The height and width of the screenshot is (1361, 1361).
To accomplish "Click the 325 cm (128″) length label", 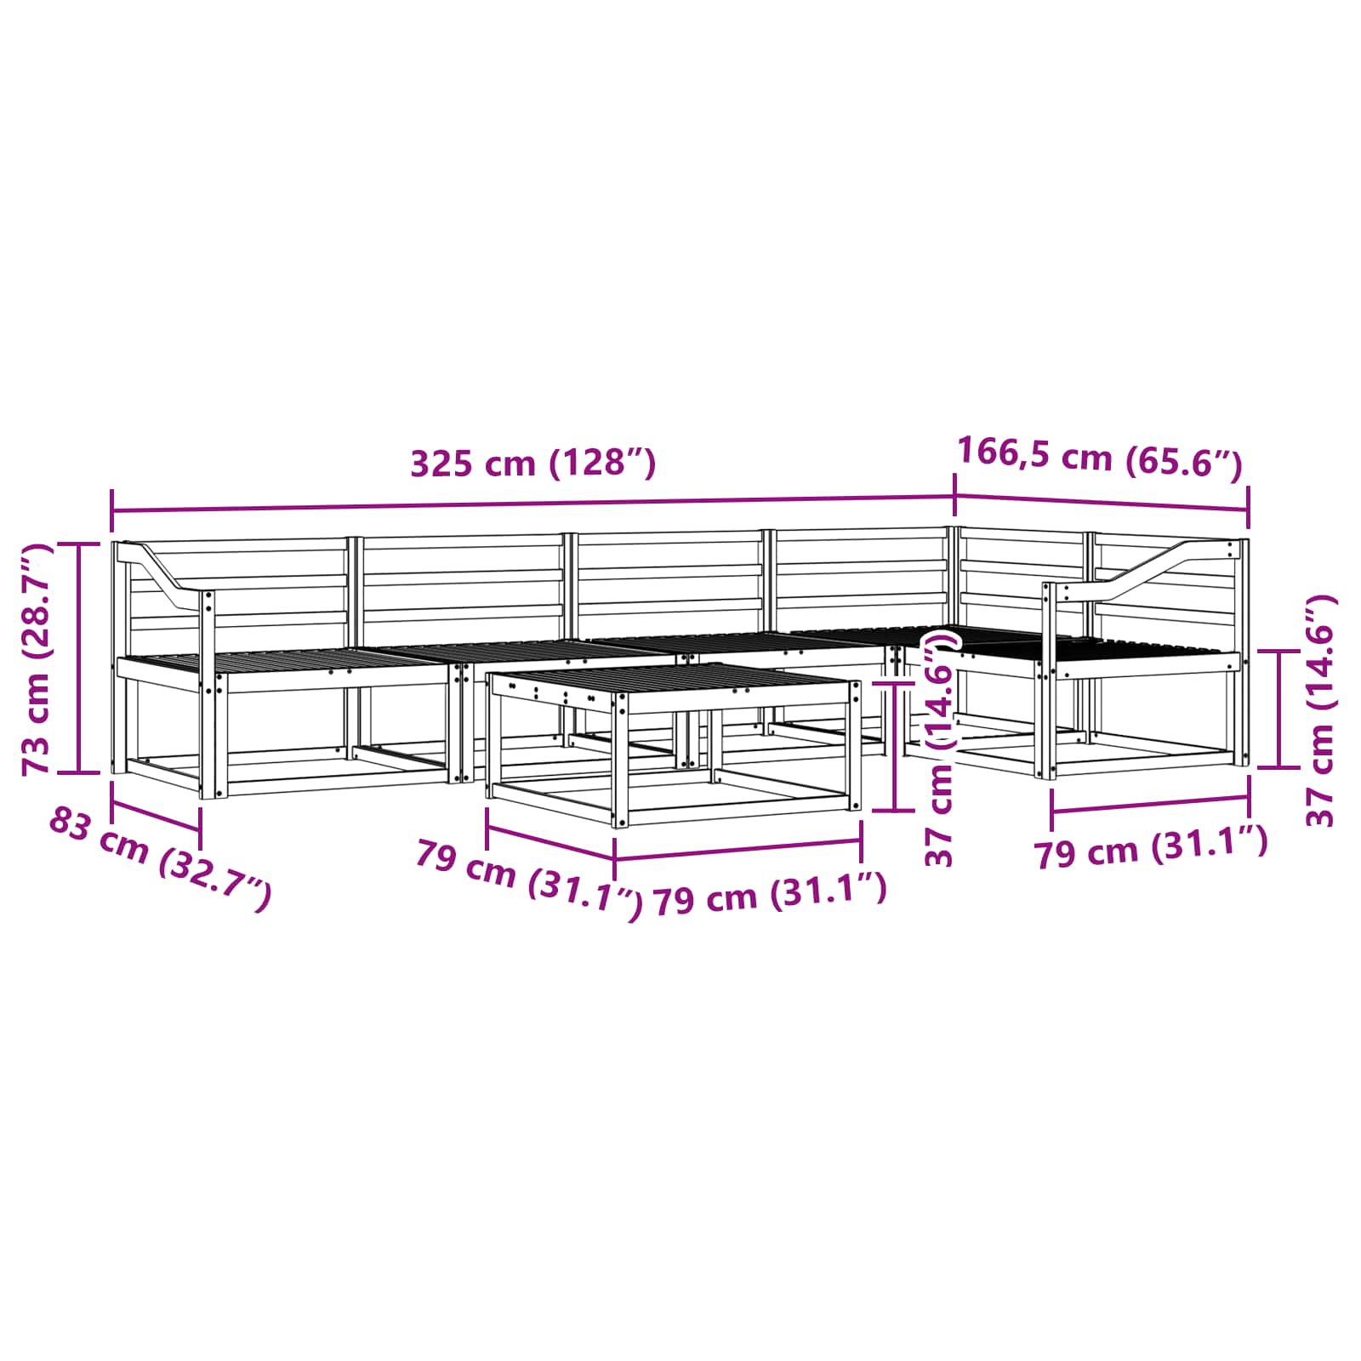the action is [533, 464].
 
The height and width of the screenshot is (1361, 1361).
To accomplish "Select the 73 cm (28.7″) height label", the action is [38, 658].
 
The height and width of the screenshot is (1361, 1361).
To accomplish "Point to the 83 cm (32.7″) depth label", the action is [160, 859].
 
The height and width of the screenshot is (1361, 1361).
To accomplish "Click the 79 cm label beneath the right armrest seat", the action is [1151, 848].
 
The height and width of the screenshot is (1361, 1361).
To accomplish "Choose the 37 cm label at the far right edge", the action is [1321, 709].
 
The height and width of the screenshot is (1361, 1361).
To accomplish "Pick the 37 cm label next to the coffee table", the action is [940, 748].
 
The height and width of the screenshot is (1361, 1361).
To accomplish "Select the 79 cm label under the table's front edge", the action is [770, 894].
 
